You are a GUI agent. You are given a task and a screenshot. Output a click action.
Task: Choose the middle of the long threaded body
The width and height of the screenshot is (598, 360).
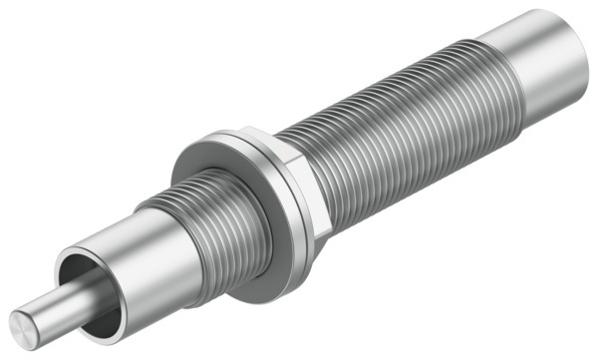click(399, 140)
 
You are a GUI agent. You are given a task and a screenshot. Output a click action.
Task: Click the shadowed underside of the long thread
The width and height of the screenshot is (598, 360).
click(419, 184)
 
